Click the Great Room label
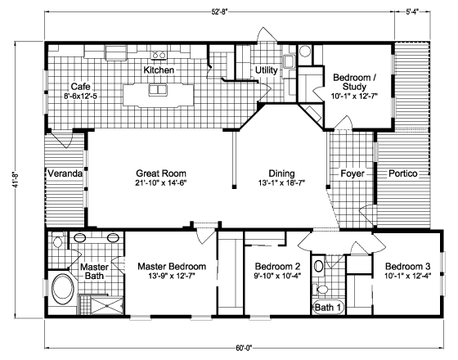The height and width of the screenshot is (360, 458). [x=161, y=173]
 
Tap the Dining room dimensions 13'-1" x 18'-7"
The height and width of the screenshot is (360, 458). [x=281, y=183]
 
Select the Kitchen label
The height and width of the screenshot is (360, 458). [x=159, y=70]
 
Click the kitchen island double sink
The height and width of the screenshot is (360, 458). [x=158, y=89]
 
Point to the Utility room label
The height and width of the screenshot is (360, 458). [x=266, y=70]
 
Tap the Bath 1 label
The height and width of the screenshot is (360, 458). [x=328, y=308]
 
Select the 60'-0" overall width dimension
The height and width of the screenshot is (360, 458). [x=244, y=348]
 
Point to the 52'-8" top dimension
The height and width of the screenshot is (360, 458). [x=219, y=11]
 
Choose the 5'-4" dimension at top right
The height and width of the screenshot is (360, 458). [x=412, y=11]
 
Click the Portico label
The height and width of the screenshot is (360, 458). [x=402, y=173]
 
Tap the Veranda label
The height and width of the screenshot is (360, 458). [x=65, y=173]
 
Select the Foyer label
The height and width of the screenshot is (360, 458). [x=352, y=173]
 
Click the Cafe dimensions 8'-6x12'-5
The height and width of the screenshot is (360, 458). [x=81, y=96]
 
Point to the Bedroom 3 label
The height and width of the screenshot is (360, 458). [x=407, y=267]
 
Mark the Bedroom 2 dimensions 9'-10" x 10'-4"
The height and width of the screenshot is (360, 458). [x=277, y=276]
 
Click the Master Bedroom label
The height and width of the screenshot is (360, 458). [x=172, y=267]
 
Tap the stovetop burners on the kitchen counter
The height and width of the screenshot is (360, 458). [x=159, y=55]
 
